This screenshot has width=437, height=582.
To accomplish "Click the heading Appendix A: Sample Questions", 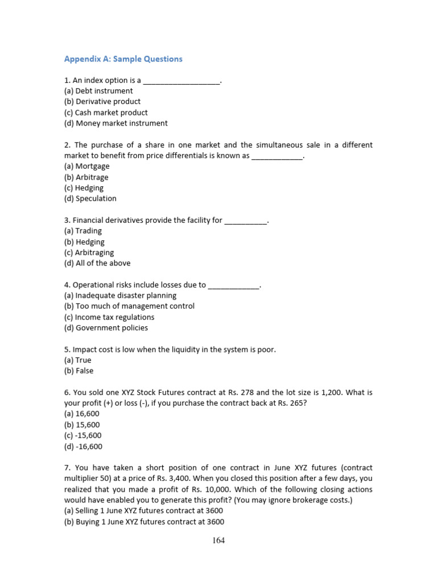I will [x=123, y=59].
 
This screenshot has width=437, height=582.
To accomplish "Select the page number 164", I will [x=218, y=541].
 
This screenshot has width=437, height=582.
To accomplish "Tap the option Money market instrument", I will [x=116, y=123].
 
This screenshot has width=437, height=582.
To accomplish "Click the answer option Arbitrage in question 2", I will [x=86, y=177].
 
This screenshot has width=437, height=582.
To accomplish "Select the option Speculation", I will [x=90, y=198].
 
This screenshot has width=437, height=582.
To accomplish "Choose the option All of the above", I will [x=97, y=263].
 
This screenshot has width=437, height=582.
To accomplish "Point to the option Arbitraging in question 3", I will [x=89, y=252].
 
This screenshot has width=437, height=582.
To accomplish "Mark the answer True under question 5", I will [x=78, y=360].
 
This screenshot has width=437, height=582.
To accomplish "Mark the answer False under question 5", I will [x=79, y=371].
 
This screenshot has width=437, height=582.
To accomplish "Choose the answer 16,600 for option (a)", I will [x=83, y=414].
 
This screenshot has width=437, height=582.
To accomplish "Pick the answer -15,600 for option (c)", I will [x=83, y=436].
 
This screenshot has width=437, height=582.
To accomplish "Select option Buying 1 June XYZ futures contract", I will [x=145, y=522].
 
